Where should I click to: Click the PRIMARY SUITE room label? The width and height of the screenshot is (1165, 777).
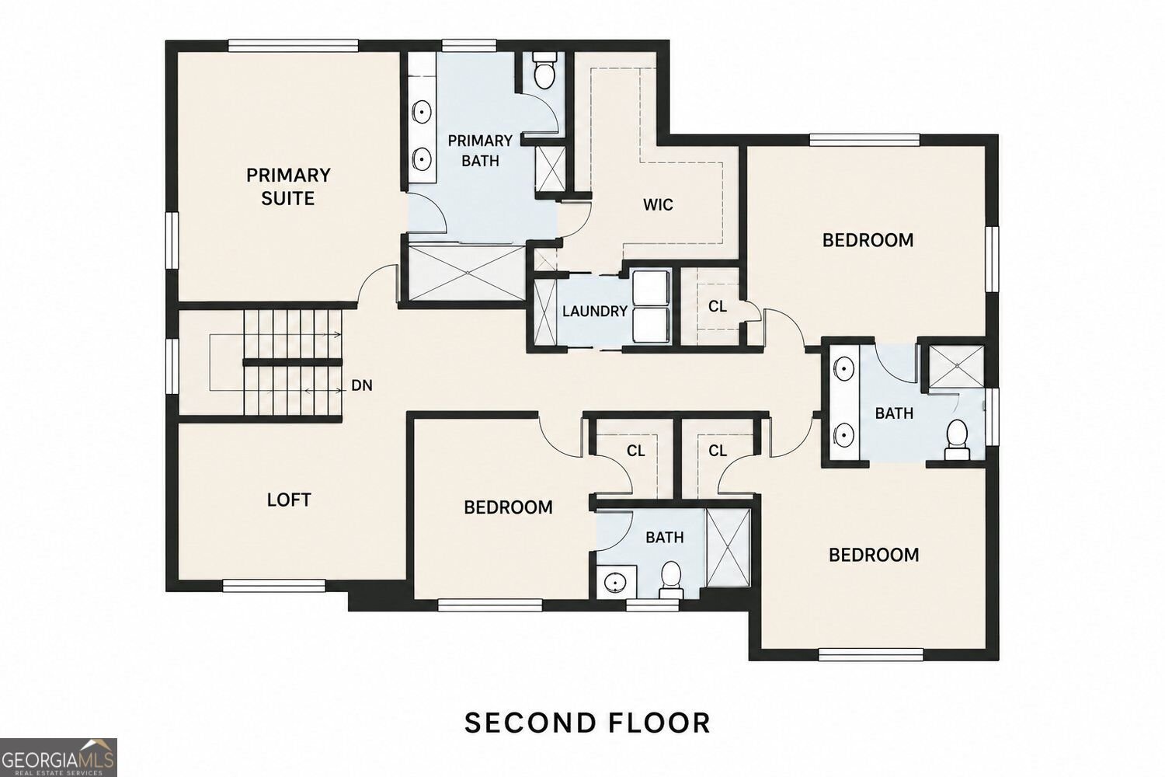pos(288,186)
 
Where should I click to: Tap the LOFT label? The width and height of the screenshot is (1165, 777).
pos(289,500)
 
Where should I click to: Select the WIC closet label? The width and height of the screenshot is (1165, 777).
pos(658,204)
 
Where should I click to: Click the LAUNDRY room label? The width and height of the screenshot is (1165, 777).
pos(594,312)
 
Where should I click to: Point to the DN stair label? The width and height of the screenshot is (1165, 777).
pos(362,385)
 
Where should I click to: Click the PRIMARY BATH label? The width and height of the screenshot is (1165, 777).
pos(480,151)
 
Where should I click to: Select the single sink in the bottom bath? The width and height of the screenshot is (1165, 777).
pos(616,583)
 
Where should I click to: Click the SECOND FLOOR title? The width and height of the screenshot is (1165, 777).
pos(587,723)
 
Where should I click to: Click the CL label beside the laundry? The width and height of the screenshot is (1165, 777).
pos(717,307)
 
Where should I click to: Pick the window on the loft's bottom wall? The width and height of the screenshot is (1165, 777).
pos(274,586)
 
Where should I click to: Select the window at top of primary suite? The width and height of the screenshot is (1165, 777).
pos(294,46)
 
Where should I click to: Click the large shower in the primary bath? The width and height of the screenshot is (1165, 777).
pos(467,273)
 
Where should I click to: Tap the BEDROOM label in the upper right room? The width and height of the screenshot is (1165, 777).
pos(868,240)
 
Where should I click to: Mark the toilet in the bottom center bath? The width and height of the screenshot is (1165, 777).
pos(670,580)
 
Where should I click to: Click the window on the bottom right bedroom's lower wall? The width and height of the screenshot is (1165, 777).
pos(871,654)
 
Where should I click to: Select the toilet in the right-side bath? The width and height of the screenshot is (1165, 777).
pos(957,440)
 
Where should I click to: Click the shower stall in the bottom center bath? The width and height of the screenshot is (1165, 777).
pos(729,548)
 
